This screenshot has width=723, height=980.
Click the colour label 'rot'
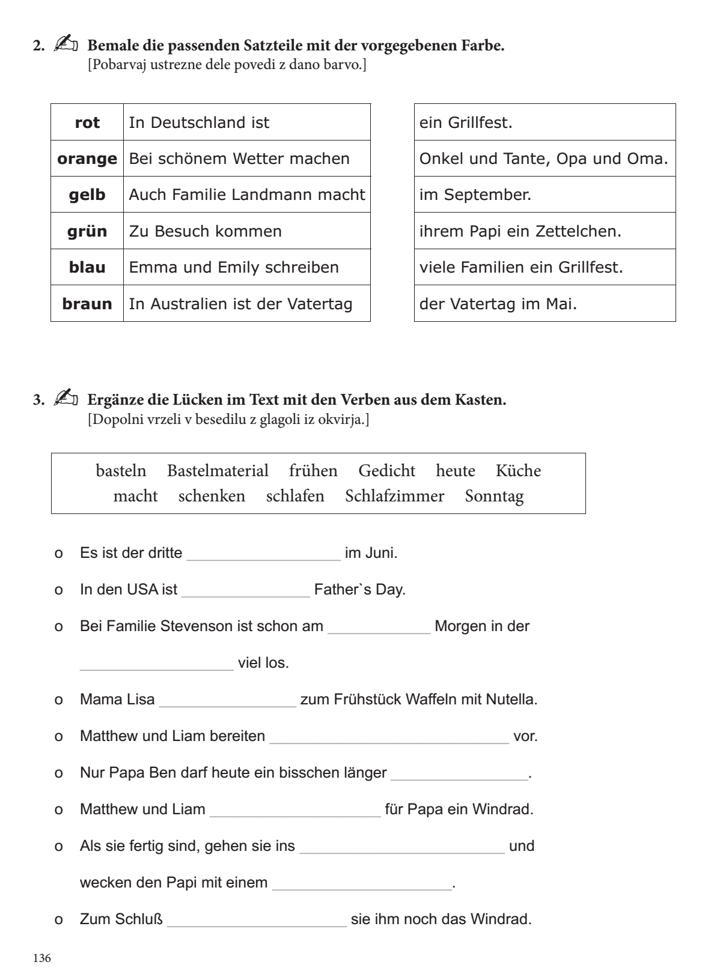(x=87, y=122)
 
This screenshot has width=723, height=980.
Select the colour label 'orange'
(x=87, y=159)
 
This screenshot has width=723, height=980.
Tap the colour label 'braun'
(x=87, y=303)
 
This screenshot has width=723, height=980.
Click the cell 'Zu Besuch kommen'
(x=246, y=231)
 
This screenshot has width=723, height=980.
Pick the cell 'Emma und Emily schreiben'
(x=246, y=267)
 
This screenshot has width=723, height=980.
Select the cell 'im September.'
(x=545, y=195)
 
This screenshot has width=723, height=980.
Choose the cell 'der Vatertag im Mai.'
(x=545, y=303)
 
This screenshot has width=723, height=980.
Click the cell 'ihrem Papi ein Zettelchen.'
(x=545, y=231)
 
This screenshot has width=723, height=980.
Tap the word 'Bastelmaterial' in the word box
(x=218, y=471)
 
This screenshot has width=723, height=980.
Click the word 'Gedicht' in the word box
(x=386, y=471)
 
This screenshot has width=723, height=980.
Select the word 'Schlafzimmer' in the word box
(x=394, y=497)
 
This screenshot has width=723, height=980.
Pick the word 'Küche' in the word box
(x=518, y=471)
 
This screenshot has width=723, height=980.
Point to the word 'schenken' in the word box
(x=212, y=497)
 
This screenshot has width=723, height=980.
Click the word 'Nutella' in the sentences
(x=510, y=700)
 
